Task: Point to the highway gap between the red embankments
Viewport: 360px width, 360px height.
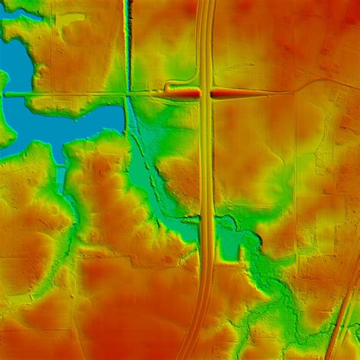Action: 206,93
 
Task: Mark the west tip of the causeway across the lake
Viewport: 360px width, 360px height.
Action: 6,94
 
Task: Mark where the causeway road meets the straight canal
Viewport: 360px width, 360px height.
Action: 128,93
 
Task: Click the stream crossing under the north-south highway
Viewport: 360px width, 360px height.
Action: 206,218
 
